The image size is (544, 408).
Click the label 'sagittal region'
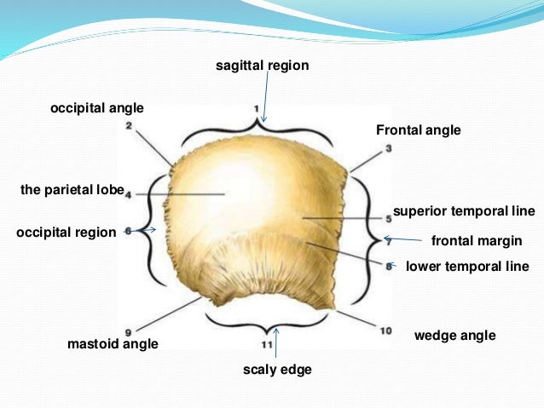[261, 66]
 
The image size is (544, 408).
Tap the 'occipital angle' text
[96, 108]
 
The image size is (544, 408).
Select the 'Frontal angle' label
[418, 130]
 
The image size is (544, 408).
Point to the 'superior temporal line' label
[463, 210]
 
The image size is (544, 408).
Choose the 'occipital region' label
[66, 232]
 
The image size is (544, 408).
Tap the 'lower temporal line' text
[467, 267]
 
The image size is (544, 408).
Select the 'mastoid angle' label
[113, 344]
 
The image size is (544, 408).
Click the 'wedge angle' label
[454, 336]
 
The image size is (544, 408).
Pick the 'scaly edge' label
[277, 370]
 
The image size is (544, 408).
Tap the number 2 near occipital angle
[128, 126]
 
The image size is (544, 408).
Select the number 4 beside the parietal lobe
[128, 195]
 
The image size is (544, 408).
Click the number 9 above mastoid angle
[127, 331]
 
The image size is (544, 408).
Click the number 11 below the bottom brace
[266, 344]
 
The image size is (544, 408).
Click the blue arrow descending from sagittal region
[266, 98]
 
